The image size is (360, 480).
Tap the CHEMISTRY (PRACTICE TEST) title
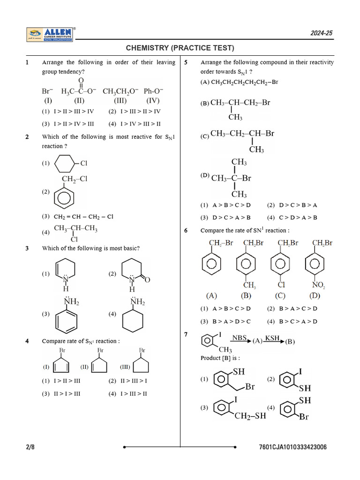[x=180, y=48]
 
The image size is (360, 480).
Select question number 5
[x=186, y=62]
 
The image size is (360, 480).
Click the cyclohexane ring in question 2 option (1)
[x=64, y=164]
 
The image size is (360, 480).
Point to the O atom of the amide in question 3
[x=147, y=280]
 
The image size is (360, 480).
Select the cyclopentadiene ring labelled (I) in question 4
[x=62, y=366]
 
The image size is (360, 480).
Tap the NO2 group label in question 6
[x=318, y=285]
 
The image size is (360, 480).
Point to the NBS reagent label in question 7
[x=240, y=338]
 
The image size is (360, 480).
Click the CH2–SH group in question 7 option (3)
[x=250, y=416]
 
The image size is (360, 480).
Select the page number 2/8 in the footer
[x=30, y=447]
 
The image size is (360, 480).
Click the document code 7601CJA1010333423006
[x=292, y=447]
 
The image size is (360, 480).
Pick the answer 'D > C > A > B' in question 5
[x=232, y=217]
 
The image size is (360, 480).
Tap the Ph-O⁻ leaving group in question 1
[x=153, y=91]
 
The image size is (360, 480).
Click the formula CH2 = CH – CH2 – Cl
[x=83, y=217]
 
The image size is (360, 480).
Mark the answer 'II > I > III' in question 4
[x=67, y=393]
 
